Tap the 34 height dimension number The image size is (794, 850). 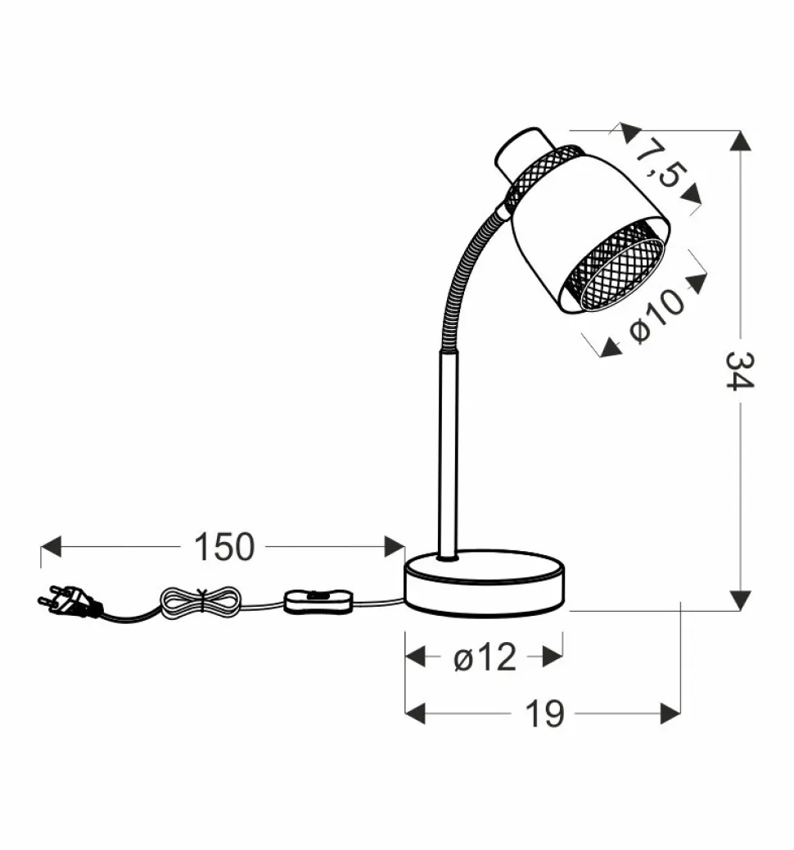point(740,370)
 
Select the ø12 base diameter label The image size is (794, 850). point(485,657)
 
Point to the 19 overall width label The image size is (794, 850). point(544,713)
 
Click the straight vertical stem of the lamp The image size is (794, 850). point(449,450)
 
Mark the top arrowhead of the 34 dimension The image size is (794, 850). point(740,140)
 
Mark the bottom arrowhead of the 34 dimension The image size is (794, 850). point(740,600)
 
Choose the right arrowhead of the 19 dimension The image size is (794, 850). point(670,713)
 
